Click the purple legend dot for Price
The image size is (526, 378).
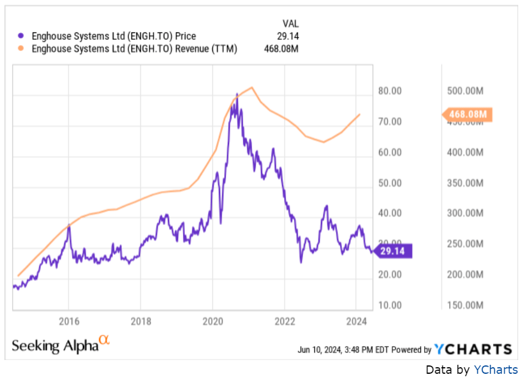click(x=22, y=37)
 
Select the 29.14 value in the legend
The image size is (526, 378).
click(x=286, y=37)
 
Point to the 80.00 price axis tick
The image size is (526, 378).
click(x=389, y=91)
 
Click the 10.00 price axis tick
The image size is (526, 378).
click(x=389, y=305)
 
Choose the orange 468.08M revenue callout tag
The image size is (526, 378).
click(x=467, y=114)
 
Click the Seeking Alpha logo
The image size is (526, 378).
click(x=61, y=345)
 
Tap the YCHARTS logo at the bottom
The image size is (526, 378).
click(x=473, y=349)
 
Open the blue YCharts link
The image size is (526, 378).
click(x=495, y=370)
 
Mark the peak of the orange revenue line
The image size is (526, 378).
click(x=253, y=88)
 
